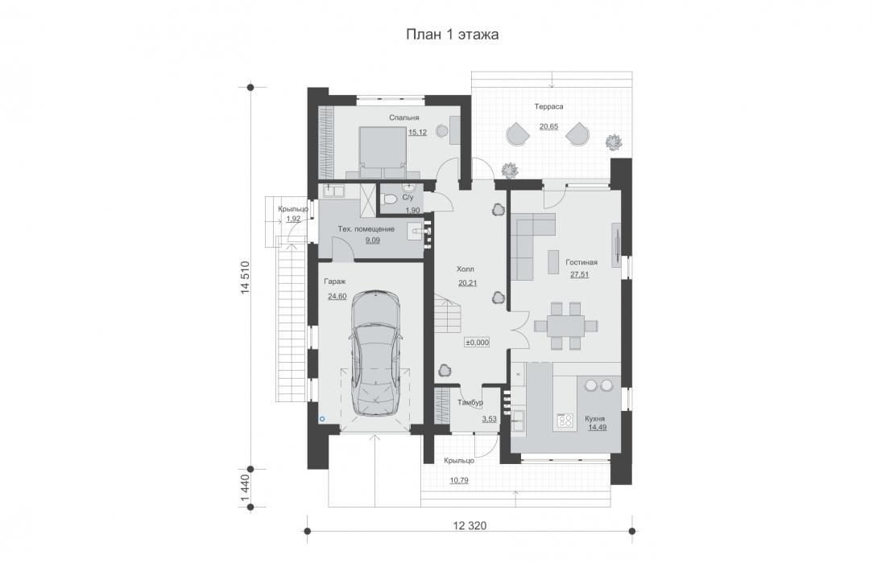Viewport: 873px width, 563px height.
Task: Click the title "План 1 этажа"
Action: click(x=452, y=35)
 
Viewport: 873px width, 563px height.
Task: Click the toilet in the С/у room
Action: click(x=390, y=199)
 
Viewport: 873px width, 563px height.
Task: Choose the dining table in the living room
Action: click(x=565, y=326)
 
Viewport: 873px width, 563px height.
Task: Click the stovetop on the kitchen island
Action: click(x=565, y=420)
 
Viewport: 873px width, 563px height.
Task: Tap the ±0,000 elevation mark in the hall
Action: click(x=477, y=343)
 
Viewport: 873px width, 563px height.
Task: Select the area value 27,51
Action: click(x=579, y=274)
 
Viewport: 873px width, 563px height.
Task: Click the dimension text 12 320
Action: click(x=469, y=526)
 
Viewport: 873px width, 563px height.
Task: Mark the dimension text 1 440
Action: click(x=245, y=487)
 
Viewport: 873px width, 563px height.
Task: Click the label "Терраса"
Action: click(x=549, y=106)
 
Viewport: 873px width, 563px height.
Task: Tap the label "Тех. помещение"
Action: click(x=366, y=229)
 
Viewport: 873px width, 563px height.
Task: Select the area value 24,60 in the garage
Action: click(x=337, y=296)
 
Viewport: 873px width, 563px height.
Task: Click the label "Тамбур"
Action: click(x=470, y=402)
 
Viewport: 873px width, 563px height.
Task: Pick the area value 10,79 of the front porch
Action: click(x=459, y=480)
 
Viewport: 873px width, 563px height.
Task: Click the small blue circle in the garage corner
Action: click(x=321, y=418)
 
